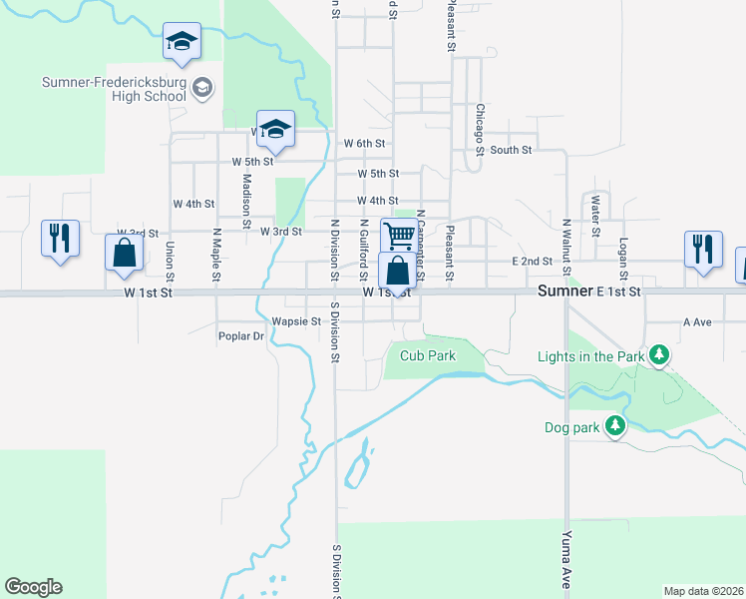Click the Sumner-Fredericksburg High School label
pyautogui.click(x=113, y=89)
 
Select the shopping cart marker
pyautogui.click(x=399, y=236)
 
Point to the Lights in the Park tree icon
pyautogui.click(x=658, y=355)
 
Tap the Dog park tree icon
pyautogui.click(x=615, y=427)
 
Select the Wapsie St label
pyautogui.click(x=296, y=321)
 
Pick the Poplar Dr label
pyautogui.click(x=241, y=336)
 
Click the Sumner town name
pyautogui.click(x=565, y=292)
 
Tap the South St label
pyautogui.click(x=511, y=150)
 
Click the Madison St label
pyautogui.click(x=245, y=200)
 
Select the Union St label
pyautogui.click(x=171, y=261)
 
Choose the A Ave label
pyautogui.click(x=696, y=322)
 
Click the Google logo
pyautogui.click(x=33, y=587)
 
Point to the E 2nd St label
pyautogui.click(x=532, y=262)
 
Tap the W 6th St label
pyautogui.click(x=364, y=144)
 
